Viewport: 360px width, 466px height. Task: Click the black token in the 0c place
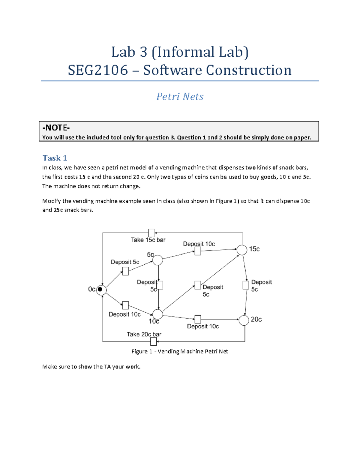(100, 290)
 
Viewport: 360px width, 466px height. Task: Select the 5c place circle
(158, 260)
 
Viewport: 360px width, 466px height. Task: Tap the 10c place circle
(158, 314)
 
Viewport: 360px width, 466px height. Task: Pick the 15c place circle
(242, 250)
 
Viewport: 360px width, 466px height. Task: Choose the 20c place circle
(244, 320)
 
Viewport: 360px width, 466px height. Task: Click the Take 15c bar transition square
(151, 233)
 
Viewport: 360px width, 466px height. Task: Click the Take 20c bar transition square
(153, 341)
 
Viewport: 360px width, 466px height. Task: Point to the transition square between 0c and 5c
(126, 271)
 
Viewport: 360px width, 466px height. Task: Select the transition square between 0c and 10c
(126, 305)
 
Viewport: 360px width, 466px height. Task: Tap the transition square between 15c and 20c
(246, 285)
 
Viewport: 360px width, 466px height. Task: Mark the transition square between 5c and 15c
(197, 251)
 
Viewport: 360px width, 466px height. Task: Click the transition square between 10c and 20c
(198, 319)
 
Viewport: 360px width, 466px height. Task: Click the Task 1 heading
(55, 158)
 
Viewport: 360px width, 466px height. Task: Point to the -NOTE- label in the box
(56, 128)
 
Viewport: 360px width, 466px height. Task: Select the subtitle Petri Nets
(180, 97)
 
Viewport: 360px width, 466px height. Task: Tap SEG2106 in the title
(98, 70)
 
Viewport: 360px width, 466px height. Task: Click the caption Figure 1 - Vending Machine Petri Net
(180, 351)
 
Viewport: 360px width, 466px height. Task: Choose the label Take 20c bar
(144, 334)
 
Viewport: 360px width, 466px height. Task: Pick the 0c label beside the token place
(91, 289)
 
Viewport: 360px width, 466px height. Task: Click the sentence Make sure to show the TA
(91, 366)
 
